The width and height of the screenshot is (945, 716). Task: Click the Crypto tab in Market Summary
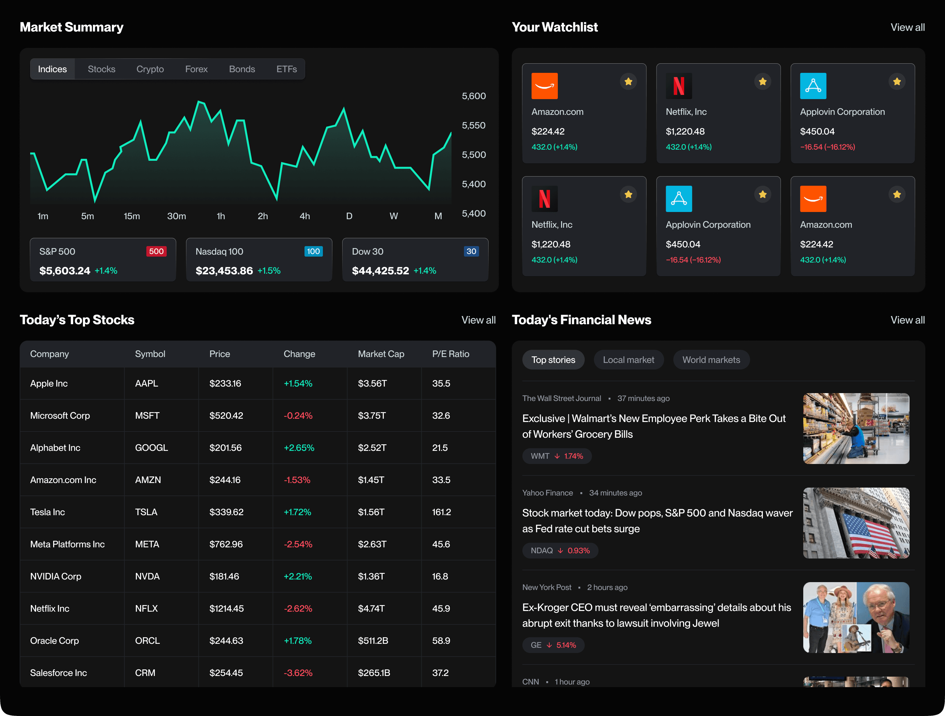pos(150,69)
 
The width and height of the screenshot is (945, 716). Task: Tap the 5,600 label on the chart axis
pos(473,96)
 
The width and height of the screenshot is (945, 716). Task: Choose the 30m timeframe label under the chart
pos(177,216)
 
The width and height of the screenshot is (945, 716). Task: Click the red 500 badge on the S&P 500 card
pos(156,252)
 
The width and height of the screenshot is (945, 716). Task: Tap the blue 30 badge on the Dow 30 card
pos(471,252)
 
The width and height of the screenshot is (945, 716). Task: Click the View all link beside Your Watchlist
pos(907,27)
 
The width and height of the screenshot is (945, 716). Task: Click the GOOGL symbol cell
pos(151,448)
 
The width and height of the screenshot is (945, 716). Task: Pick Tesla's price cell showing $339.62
pos(226,512)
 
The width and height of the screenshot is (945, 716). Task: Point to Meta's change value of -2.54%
pos(298,544)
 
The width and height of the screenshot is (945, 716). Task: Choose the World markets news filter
pos(711,360)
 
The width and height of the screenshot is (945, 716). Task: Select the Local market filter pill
pos(628,360)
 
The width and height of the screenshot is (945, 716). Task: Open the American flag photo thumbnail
pos(856,523)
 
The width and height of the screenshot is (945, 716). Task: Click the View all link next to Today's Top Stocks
pos(478,320)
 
